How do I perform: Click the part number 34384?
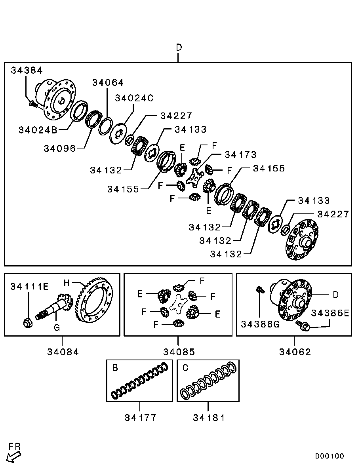[x=27, y=70]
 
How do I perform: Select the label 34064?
[x=108, y=82]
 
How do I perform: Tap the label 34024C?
[x=134, y=98]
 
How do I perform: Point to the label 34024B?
[x=38, y=130]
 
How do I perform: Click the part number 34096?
[x=60, y=148]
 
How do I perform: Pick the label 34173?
[x=240, y=155]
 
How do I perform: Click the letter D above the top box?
[x=179, y=48]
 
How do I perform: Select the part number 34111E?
[x=29, y=287]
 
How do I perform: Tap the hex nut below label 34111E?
[x=28, y=323]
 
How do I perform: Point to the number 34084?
[x=63, y=352]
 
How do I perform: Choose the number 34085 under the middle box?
[x=179, y=352]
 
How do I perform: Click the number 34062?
[x=295, y=352]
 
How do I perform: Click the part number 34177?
[x=141, y=418]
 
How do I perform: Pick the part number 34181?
[x=209, y=418]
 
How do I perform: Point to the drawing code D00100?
[x=330, y=456]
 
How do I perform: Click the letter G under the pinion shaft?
[x=57, y=327]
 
